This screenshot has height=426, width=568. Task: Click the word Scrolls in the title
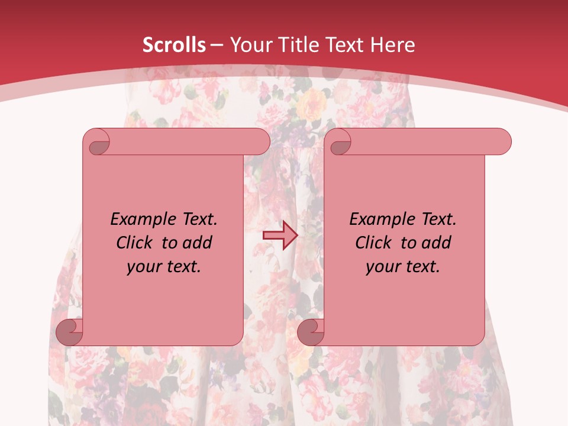174,45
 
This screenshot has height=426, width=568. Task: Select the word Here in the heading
393,45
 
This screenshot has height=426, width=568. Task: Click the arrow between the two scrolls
279,235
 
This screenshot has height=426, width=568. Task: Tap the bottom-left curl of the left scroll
69,332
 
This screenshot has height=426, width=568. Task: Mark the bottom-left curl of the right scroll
310,332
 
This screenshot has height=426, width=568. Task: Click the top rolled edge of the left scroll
183,142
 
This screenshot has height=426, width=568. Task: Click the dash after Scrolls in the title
217,46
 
